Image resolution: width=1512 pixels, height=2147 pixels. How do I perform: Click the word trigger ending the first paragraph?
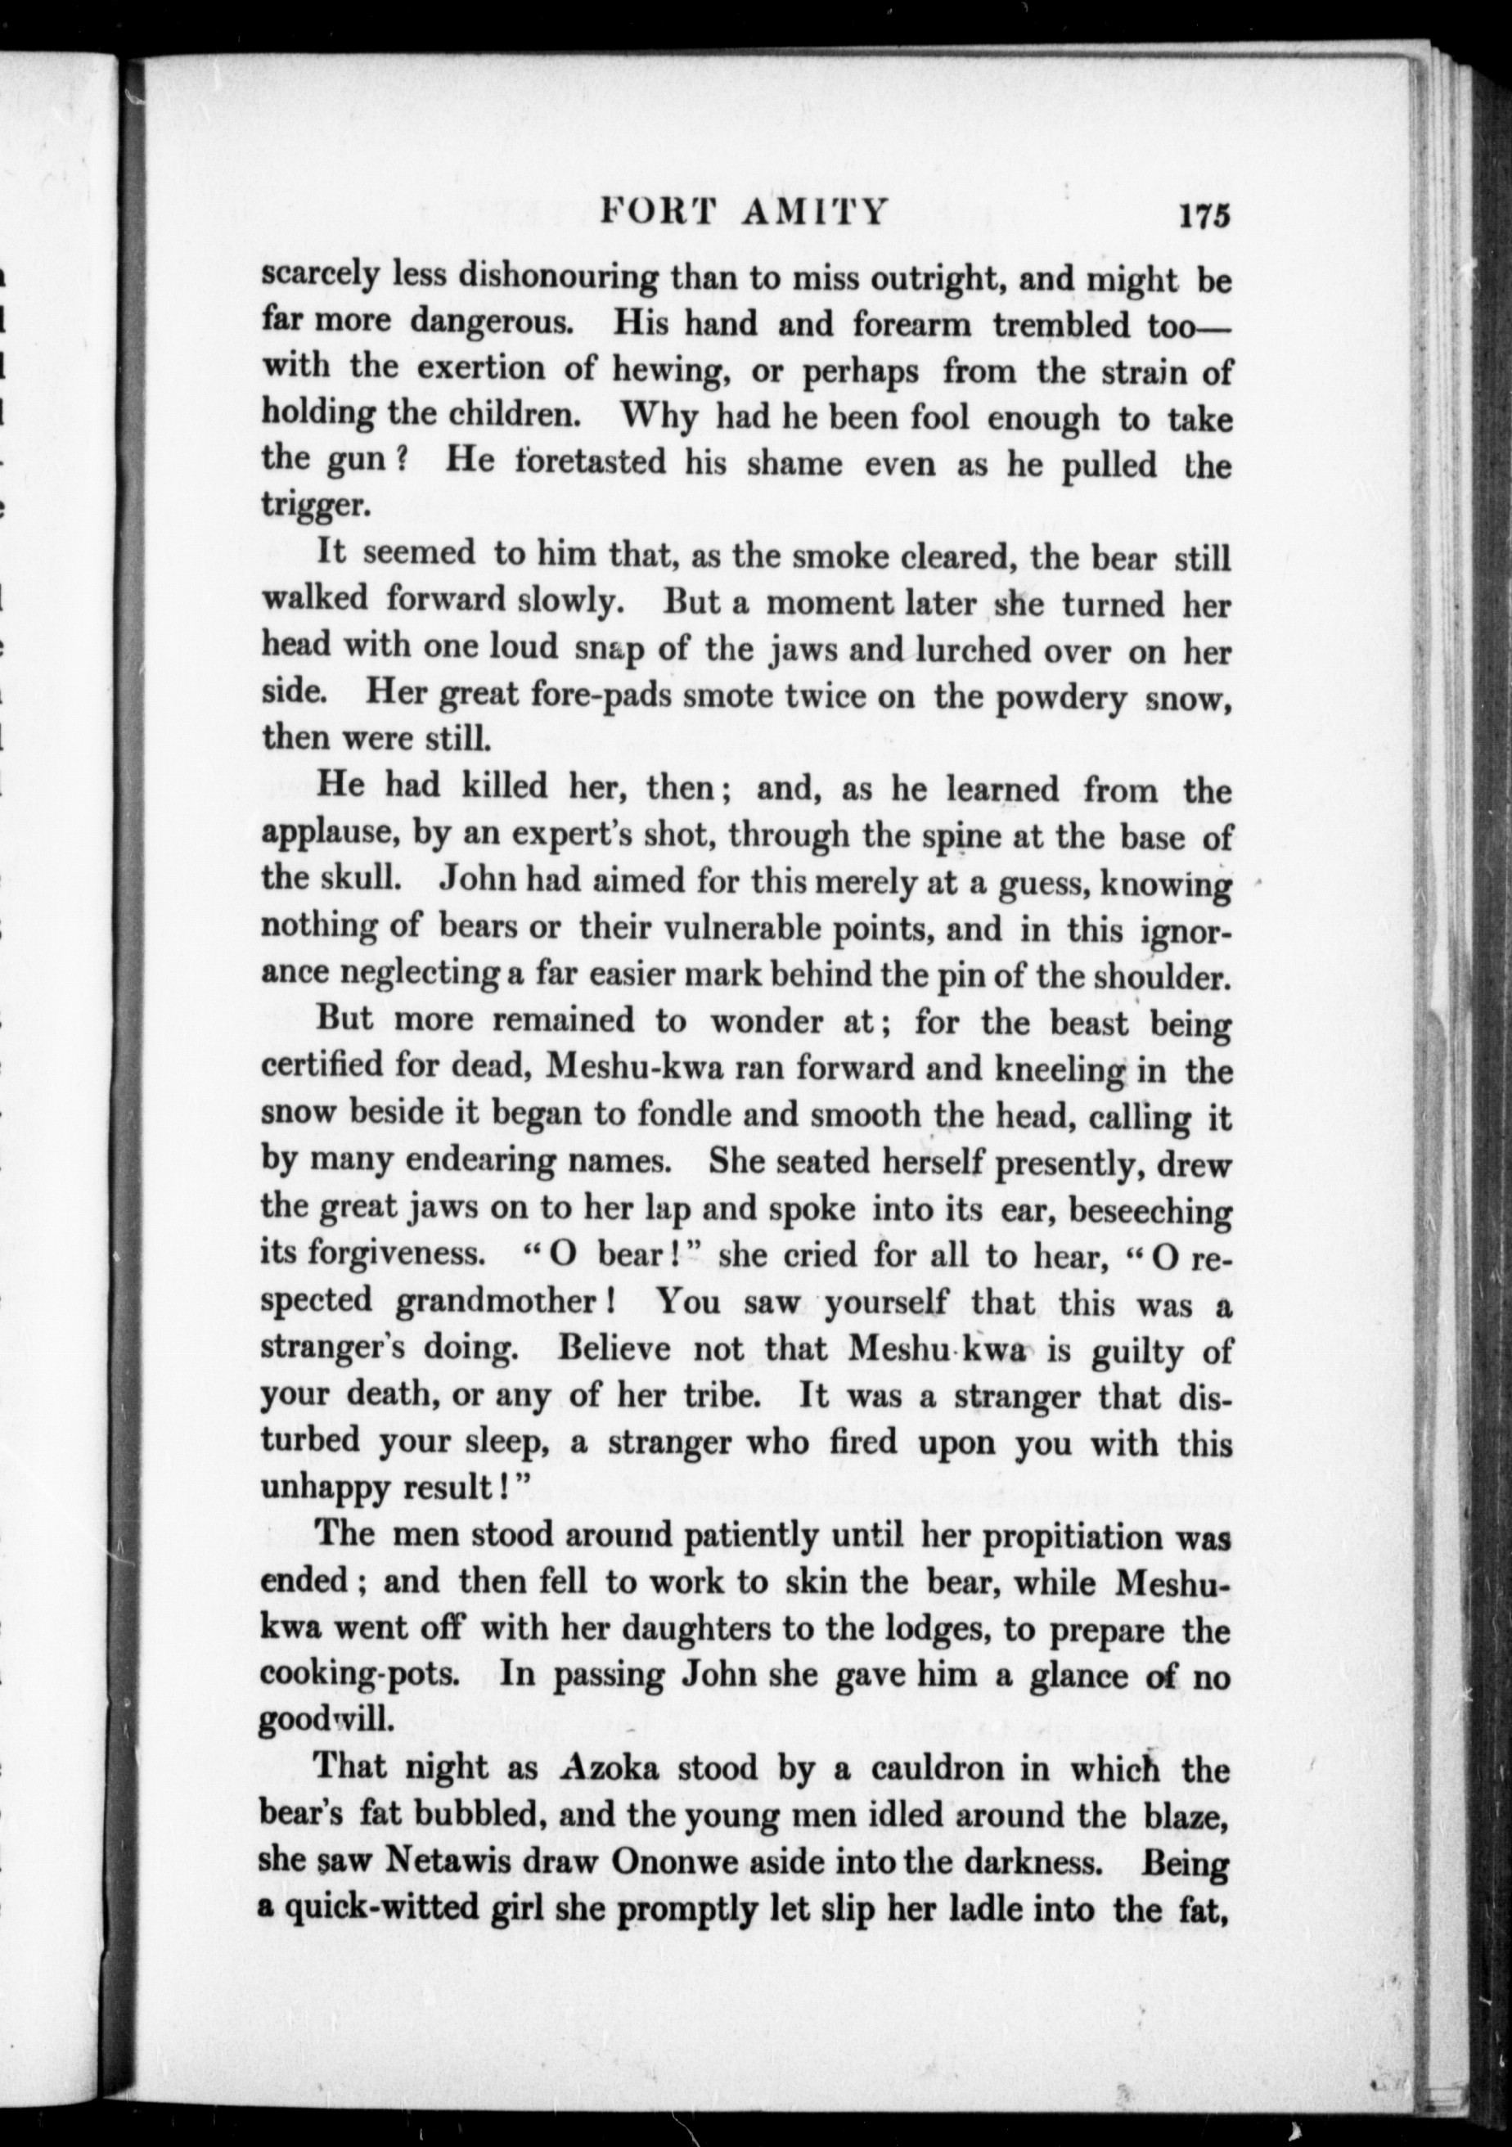pos(315,506)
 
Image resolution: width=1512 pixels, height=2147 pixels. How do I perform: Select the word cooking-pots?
pos(360,1675)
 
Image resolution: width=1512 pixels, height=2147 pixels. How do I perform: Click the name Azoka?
pos(610,1769)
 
